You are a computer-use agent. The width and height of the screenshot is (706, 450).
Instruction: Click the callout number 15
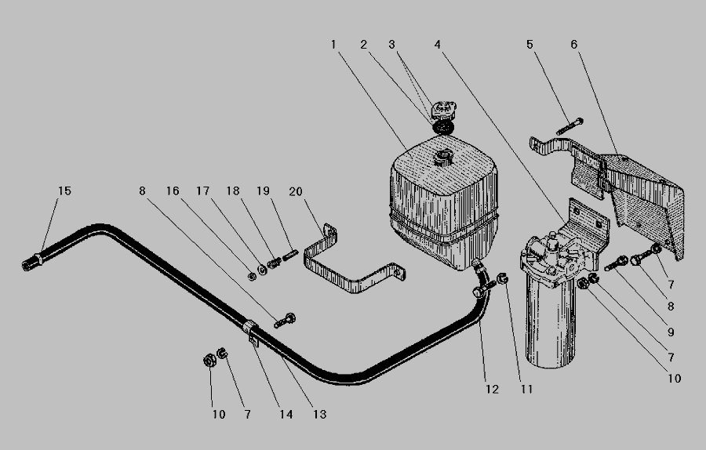pos(64,191)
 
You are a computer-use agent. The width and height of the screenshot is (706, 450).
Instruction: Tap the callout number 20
pos(296,192)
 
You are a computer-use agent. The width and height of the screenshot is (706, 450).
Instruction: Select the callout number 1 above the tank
pos(333,45)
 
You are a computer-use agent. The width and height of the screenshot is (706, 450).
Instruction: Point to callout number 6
pos(573,45)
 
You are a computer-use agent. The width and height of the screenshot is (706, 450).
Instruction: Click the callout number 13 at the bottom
pos(319,415)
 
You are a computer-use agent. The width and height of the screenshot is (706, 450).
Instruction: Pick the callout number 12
pos(492,390)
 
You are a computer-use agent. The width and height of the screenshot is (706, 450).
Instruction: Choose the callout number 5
pos(529,45)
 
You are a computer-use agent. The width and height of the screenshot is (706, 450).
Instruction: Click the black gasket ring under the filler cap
pos(443,127)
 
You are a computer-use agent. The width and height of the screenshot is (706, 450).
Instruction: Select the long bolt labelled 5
pos(570,126)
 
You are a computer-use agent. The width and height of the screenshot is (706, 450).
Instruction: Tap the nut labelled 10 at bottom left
pos(209,361)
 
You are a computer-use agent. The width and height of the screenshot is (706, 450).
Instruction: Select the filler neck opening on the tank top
pos(442,158)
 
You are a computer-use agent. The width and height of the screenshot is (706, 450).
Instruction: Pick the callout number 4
pos(438,45)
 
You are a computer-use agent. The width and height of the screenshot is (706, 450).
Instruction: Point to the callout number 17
pos(202,191)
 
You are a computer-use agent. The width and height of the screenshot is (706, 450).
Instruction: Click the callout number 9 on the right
pos(671,332)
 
